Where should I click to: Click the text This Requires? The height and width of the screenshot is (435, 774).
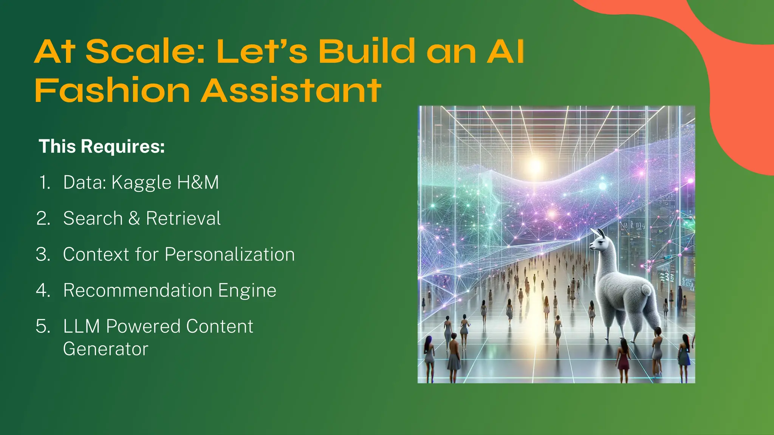(102, 147)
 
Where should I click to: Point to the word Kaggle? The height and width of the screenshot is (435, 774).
(141, 183)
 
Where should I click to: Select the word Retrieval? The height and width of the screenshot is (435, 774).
(183, 218)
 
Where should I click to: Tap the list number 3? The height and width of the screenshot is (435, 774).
(43, 255)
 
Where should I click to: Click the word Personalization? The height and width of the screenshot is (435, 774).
(229, 255)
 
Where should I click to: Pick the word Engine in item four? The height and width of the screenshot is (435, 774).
(247, 291)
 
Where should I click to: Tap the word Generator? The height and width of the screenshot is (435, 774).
(105, 349)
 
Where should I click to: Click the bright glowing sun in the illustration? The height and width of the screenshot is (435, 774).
(535, 165)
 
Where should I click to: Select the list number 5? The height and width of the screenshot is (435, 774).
(43, 326)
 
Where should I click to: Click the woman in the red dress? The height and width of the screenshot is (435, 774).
(623, 359)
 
